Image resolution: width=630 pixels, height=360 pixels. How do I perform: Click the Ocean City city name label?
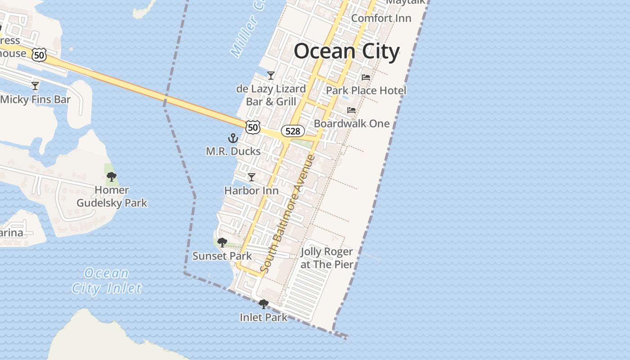(x=346, y=51)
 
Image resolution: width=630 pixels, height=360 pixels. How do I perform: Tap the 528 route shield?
(x=292, y=131)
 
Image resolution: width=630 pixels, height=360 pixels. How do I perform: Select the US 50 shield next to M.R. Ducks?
(x=253, y=127)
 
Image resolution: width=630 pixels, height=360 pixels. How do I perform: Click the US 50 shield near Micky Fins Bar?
(x=39, y=55)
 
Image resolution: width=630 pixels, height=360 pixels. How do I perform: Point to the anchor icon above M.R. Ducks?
(x=233, y=138)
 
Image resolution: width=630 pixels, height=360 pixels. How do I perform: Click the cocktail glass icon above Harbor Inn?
(x=252, y=177)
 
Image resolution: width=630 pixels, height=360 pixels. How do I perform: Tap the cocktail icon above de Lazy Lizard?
(x=271, y=75)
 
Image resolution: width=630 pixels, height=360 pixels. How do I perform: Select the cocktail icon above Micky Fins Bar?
(x=35, y=85)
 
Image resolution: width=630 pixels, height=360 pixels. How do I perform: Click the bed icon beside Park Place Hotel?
(x=366, y=77)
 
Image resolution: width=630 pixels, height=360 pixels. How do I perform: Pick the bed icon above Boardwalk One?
(x=351, y=110)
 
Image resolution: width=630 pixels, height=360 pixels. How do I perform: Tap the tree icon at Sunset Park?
(x=222, y=243)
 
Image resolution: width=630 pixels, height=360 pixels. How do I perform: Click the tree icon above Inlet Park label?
(x=264, y=304)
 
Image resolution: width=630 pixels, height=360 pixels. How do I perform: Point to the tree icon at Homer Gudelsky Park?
(x=112, y=177)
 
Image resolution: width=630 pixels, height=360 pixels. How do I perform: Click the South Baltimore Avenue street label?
(x=288, y=214)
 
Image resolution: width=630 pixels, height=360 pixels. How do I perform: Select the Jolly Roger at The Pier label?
(x=327, y=258)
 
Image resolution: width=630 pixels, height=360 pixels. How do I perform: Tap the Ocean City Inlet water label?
(x=107, y=280)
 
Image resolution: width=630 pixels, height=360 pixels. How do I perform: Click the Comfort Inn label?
(x=381, y=18)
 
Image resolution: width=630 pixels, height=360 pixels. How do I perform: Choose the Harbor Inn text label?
(x=251, y=191)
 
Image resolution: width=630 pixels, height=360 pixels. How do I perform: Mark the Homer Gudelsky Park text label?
(x=112, y=197)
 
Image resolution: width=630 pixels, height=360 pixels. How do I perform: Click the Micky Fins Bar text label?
(x=36, y=99)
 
